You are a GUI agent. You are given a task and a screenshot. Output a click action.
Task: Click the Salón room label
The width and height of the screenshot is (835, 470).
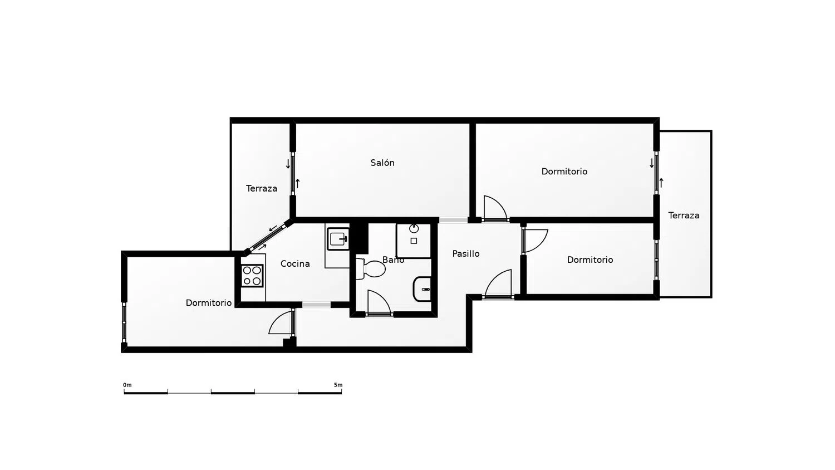point(382,163)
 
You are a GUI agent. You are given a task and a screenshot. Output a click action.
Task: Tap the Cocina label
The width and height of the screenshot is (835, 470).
point(295,264)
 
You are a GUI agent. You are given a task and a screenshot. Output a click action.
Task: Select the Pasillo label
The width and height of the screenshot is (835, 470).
point(465,253)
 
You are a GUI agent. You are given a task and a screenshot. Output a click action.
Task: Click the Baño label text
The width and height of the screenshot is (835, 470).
point(393,260)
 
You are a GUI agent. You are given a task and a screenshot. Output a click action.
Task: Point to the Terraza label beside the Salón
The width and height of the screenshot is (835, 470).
point(261,188)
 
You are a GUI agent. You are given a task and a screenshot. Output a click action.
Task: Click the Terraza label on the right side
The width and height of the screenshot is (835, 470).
point(684,215)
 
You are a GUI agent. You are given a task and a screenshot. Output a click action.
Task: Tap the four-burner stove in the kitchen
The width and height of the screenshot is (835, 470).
point(252,276)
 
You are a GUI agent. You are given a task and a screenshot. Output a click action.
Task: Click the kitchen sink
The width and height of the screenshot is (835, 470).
point(338,239)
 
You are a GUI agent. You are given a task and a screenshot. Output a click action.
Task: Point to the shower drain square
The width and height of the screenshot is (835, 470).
point(414,241)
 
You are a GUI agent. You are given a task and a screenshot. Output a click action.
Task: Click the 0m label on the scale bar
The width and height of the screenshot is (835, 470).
point(127,385)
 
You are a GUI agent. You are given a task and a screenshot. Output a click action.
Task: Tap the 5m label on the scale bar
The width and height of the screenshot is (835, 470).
point(338,385)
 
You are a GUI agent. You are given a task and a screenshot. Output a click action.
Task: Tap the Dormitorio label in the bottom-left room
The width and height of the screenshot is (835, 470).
point(208,303)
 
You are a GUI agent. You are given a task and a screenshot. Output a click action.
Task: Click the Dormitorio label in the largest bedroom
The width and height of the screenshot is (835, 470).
point(564,172)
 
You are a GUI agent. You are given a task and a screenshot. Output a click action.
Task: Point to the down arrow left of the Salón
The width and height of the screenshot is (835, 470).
point(288,164)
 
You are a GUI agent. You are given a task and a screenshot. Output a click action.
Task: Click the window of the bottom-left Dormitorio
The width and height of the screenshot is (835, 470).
point(124,322)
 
